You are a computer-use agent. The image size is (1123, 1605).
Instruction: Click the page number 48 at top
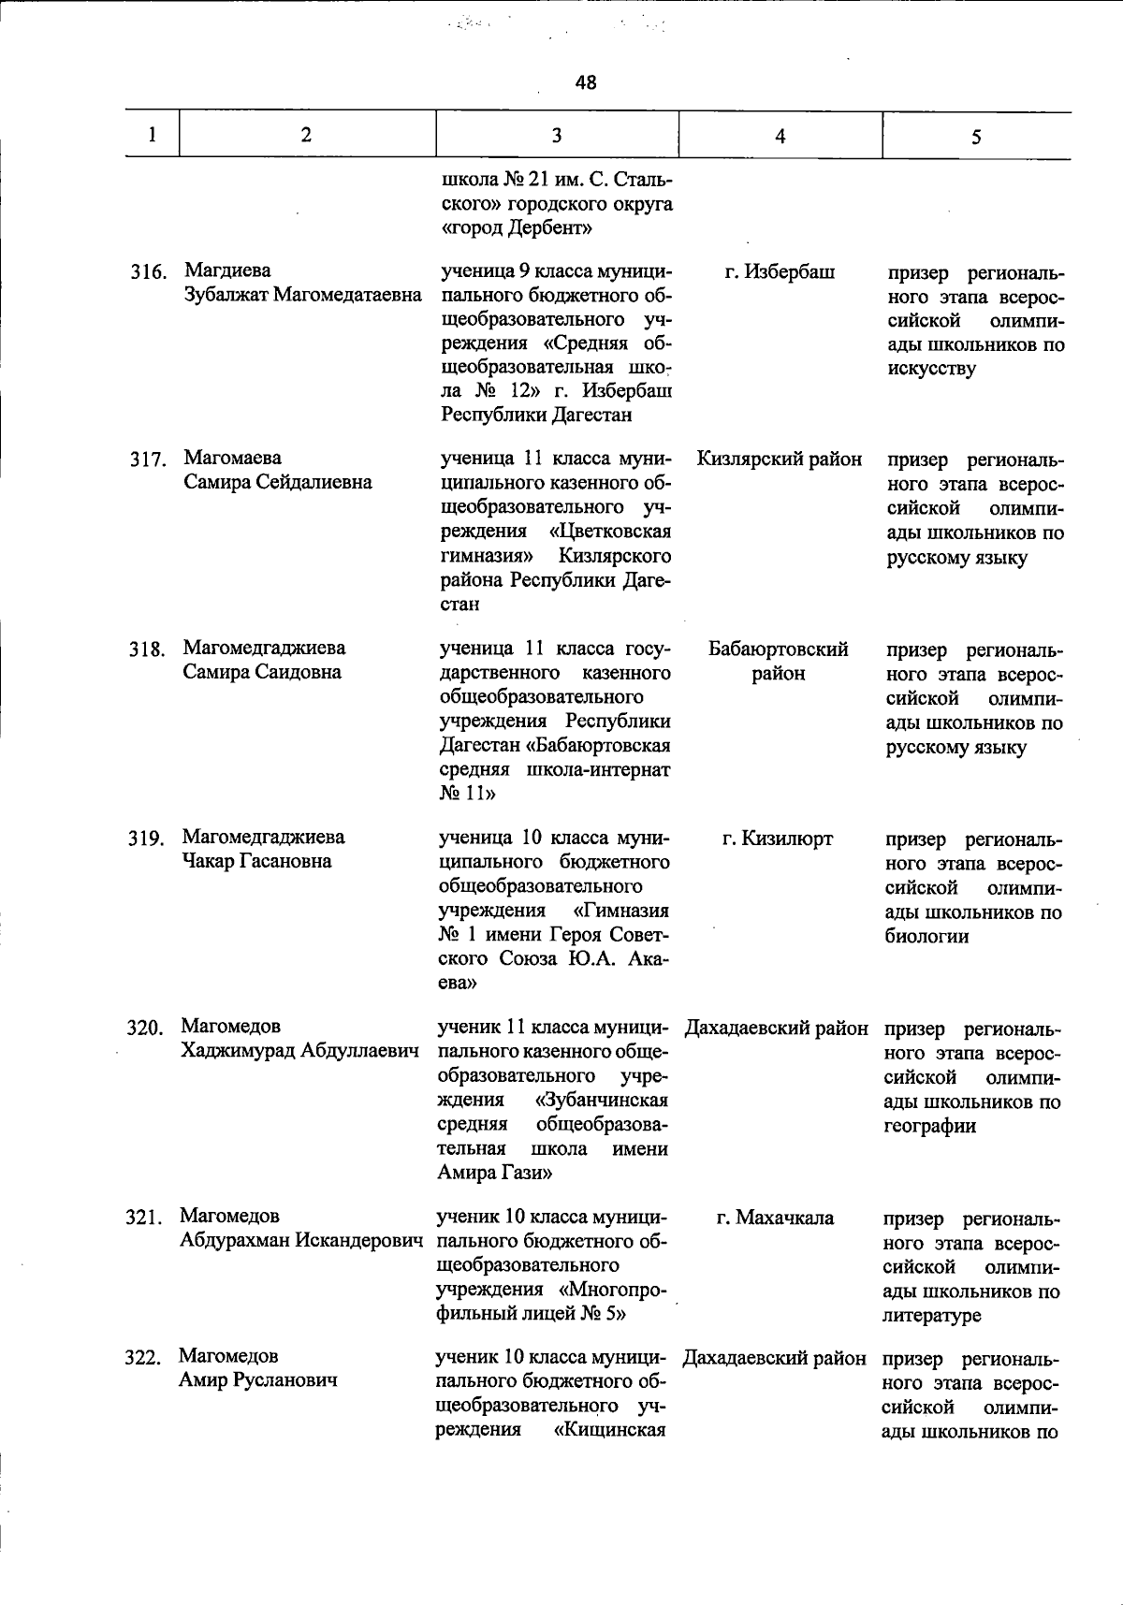586,82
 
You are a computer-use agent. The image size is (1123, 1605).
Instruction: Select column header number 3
557,136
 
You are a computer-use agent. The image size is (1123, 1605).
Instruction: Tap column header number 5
976,138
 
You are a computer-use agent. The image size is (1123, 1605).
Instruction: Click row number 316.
148,272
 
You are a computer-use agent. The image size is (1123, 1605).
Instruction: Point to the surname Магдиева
227,271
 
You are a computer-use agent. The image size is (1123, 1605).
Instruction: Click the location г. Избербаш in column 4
780,272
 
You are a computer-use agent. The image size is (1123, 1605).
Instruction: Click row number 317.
147,460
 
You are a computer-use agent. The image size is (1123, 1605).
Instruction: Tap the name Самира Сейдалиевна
277,483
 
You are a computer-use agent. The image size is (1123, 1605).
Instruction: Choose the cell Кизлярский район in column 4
780,460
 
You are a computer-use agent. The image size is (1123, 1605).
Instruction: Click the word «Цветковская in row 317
610,532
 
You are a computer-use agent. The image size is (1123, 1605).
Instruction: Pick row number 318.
147,649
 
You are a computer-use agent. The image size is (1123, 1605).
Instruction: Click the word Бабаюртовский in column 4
779,649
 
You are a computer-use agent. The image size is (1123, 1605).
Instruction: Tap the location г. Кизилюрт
778,839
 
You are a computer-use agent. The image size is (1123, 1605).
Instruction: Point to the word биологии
926,936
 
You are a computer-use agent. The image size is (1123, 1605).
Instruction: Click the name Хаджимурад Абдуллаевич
299,1051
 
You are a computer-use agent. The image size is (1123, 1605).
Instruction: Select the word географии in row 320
929,1126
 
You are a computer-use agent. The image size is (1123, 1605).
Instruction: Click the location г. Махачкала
775,1218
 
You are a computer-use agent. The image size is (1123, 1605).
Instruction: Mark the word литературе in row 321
930,1316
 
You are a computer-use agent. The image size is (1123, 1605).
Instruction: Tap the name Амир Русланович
257,1380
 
